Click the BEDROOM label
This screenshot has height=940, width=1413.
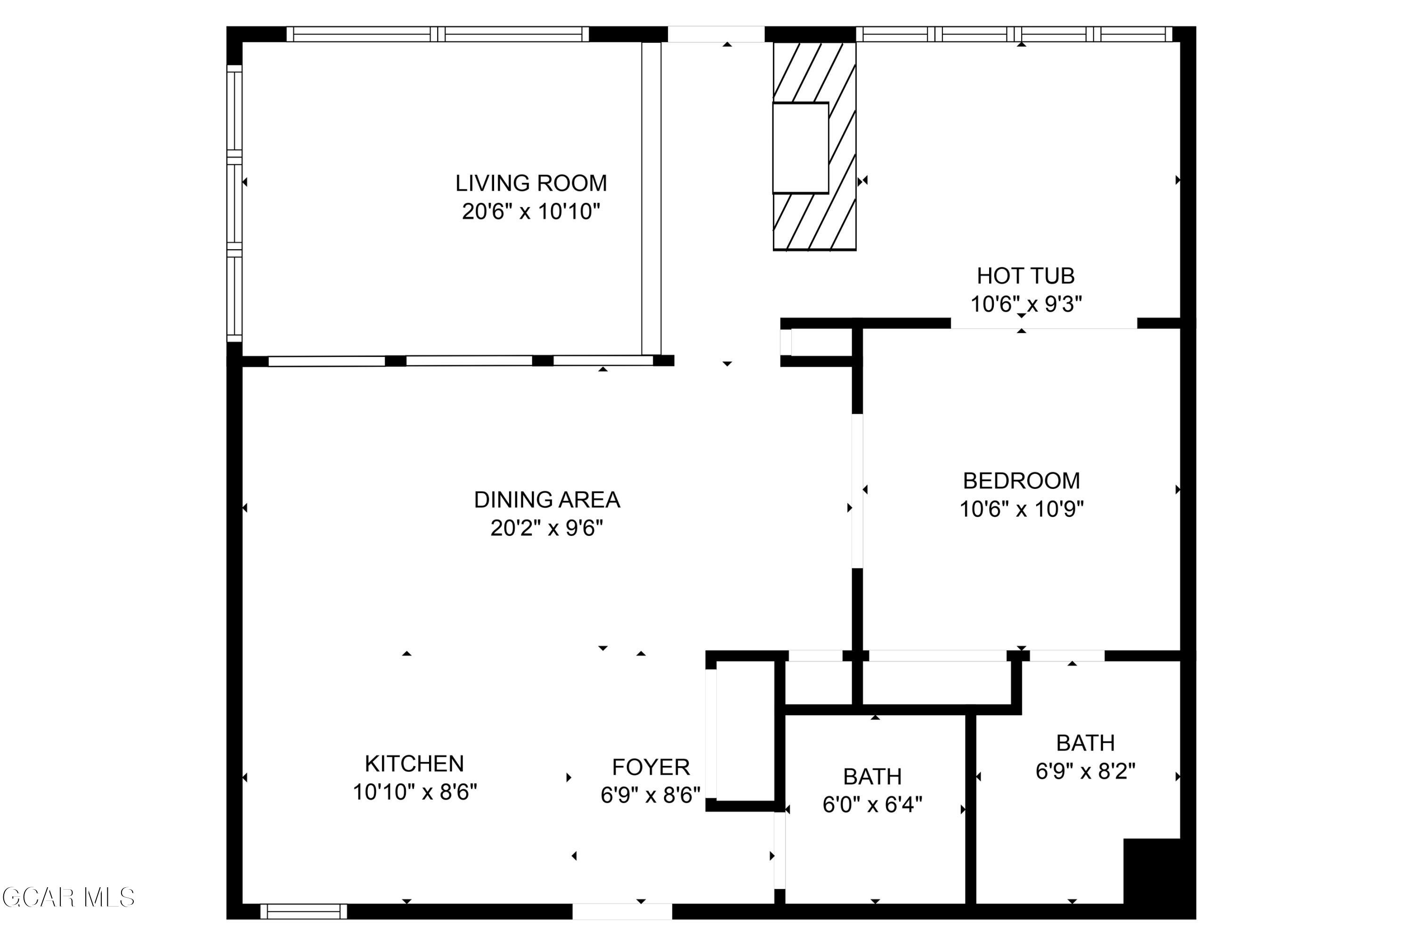tap(1021, 481)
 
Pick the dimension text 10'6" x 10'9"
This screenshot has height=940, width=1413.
tap(1021, 510)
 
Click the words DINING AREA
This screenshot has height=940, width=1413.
tap(547, 499)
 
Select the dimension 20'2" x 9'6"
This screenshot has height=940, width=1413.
tap(547, 528)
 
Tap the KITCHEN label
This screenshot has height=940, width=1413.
tap(414, 764)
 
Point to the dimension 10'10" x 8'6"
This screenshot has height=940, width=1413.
tap(414, 793)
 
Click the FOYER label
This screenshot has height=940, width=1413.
tap(650, 767)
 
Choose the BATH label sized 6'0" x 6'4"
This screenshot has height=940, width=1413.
tap(872, 777)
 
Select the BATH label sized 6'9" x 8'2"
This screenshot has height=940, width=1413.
tap(1085, 743)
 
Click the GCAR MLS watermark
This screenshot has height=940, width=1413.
tap(68, 898)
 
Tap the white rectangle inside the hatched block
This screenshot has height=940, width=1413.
tap(800, 148)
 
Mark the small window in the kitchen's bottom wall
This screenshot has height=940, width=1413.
tap(303, 912)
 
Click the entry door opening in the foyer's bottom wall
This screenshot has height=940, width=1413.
tap(622, 912)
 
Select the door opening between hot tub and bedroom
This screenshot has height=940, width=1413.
tap(1043, 324)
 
